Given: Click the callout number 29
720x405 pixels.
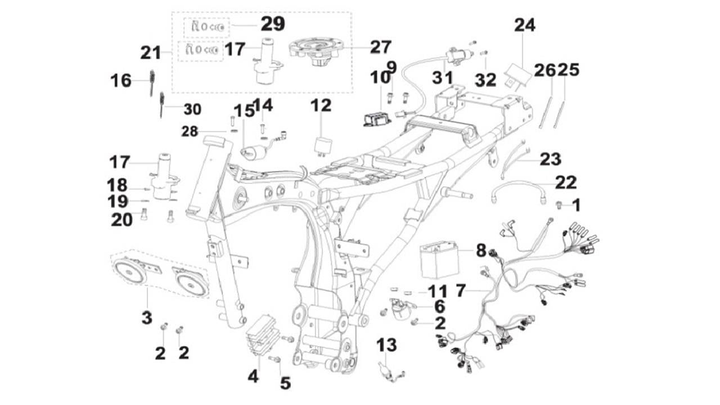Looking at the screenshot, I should [272, 24].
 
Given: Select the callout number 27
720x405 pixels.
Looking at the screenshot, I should [380, 47].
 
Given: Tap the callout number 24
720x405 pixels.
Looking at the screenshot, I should [524, 25].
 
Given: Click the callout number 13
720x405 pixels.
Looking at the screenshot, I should [387, 345].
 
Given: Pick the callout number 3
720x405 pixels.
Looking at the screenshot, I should [147, 318].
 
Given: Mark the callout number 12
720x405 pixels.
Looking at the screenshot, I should [321, 105].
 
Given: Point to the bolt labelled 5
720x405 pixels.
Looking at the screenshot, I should [275, 359].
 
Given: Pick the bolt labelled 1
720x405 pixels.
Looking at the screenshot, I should [560, 205].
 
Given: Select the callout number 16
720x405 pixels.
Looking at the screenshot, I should [120, 81].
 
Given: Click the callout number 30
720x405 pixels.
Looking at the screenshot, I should [192, 109].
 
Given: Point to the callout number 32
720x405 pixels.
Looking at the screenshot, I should [485, 79].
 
